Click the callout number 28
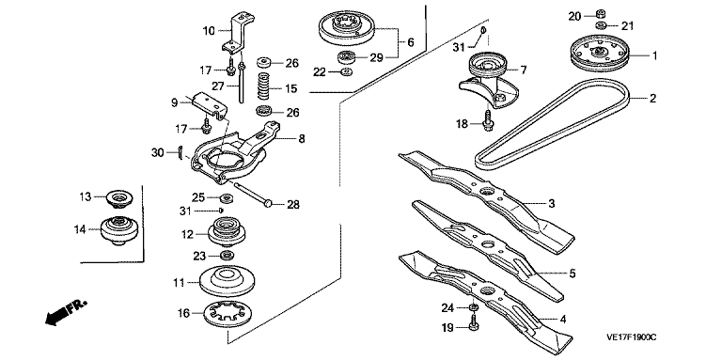pyautogui.click(x=293, y=204)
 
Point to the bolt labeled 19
pyautogui.click(x=474, y=322)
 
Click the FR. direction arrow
pyautogui.click(x=66, y=313)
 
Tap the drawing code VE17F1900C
pyautogui.click(x=632, y=337)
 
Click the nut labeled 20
pyautogui.click(x=601, y=13)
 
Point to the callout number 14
pyautogui.click(x=81, y=229)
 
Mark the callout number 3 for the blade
pyautogui.click(x=552, y=203)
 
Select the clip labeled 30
pyautogui.click(x=180, y=152)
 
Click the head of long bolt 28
pyautogui.click(x=268, y=202)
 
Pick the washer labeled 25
pyautogui.click(x=226, y=199)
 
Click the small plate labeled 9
pyautogui.click(x=210, y=105)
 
